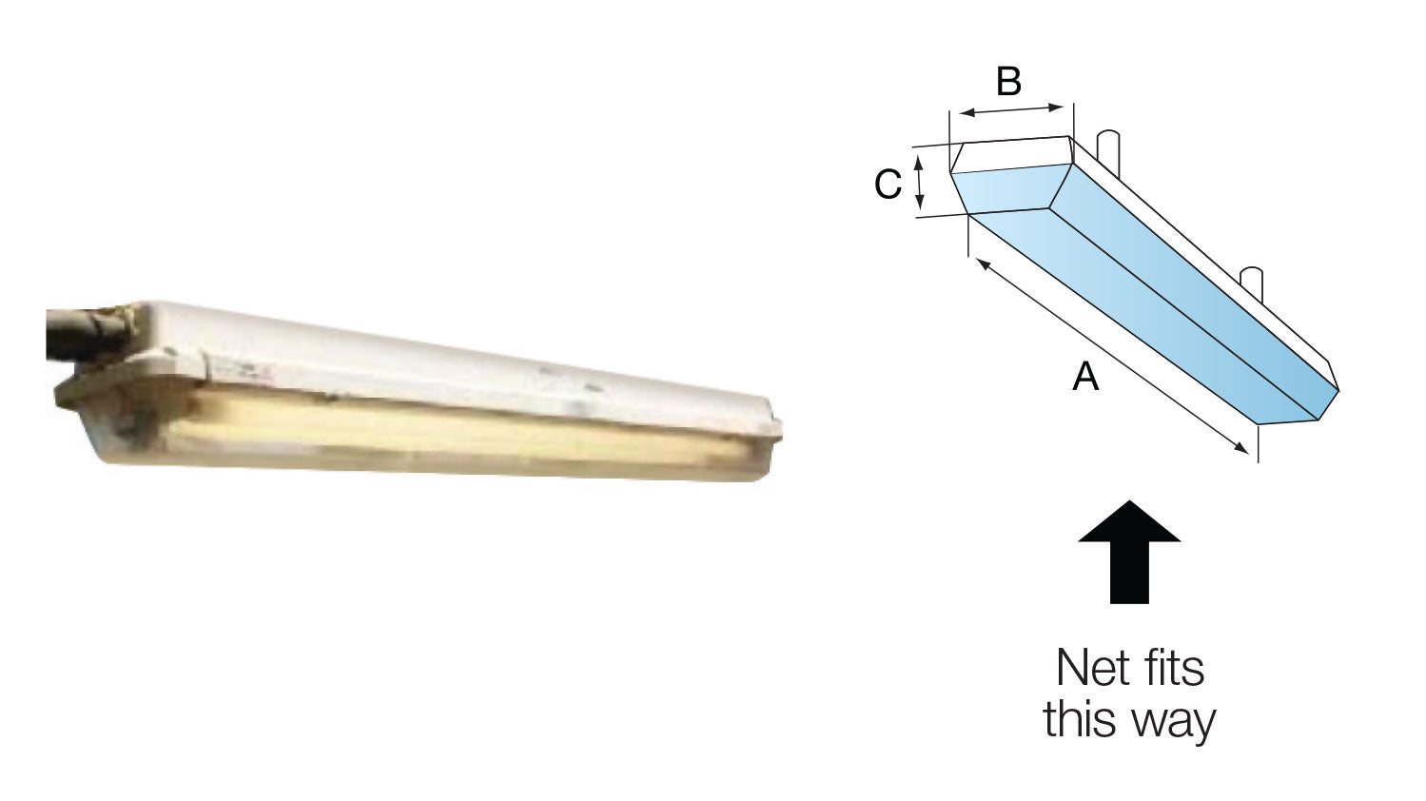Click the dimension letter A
click(x=1085, y=376)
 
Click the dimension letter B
click(x=1009, y=82)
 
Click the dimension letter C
click(x=889, y=184)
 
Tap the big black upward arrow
click(x=1129, y=552)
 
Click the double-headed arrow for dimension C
click(x=919, y=183)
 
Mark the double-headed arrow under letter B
click(x=1011, y=110)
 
